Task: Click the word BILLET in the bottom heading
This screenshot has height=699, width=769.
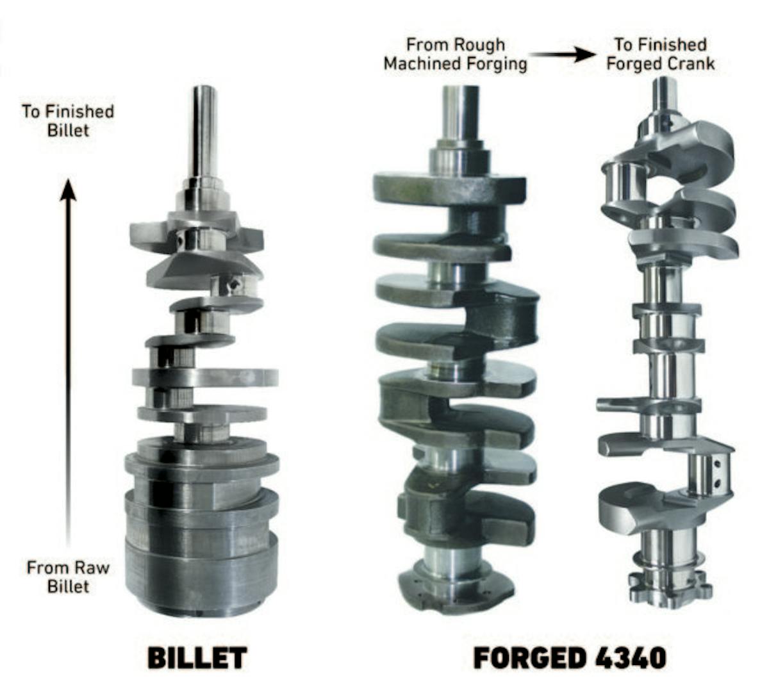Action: coord(197,659)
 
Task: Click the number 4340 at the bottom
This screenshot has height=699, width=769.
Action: coord(631,659)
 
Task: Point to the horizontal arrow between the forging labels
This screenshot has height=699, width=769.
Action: coord(562,55)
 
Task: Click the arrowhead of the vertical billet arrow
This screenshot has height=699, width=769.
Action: coord(68,190)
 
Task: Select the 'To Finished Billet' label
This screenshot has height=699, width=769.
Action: coord(68,121)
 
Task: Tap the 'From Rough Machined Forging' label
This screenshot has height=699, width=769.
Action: coord(456,54)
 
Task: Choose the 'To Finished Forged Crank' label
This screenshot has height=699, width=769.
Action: coord(661,54)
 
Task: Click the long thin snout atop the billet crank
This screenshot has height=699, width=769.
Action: coord(204,132)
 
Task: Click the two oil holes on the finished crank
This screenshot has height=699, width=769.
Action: coord(717,473)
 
